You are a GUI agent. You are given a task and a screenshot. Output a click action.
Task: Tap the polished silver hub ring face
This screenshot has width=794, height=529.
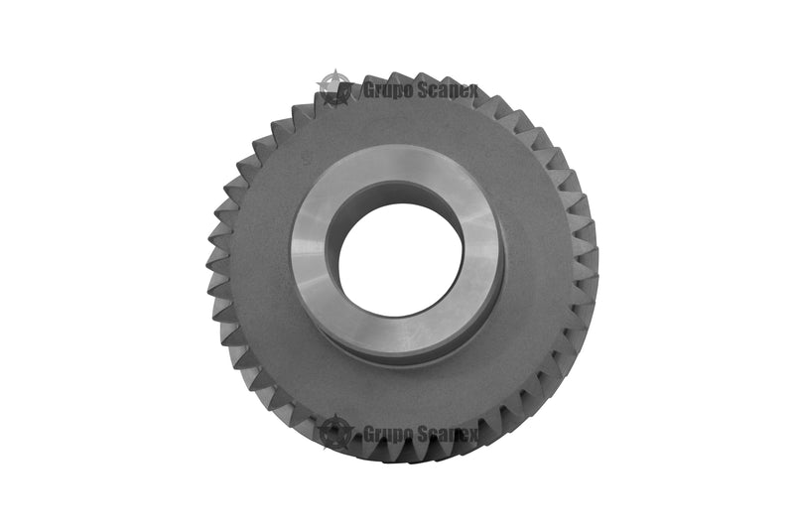[x=309, y=253]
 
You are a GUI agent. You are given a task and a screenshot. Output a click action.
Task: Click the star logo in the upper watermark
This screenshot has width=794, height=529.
[x=334, y=88]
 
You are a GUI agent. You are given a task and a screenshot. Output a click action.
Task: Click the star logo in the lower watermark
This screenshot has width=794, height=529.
[x=334, y=433]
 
